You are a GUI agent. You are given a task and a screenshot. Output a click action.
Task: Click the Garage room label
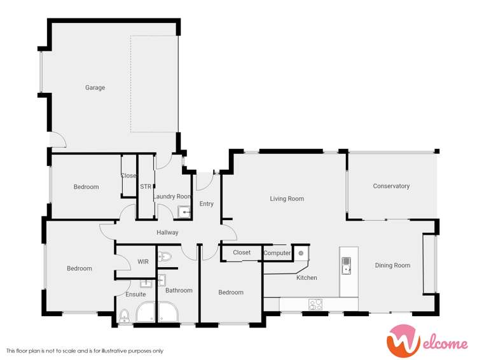click(95, 88)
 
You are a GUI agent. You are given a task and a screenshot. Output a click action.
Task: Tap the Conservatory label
click(391, 186)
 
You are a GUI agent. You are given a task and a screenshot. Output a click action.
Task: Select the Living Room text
click(287, 199)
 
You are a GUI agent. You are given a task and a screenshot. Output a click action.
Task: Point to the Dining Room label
click(392, 265)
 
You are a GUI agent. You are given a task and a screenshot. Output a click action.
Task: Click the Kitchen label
click(307, 278)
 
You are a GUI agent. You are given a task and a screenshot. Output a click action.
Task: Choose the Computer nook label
click(277, 253)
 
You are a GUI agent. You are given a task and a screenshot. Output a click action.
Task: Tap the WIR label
click(143, 261)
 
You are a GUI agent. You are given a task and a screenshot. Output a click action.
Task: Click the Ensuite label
click(135, 294)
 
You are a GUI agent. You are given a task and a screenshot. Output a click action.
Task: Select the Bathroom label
click(179, 291)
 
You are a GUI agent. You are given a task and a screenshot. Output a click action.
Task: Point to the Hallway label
click(167, 233)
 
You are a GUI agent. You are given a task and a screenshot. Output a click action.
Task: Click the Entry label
click(207, 204)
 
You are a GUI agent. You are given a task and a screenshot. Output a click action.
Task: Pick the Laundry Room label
click(172, 197)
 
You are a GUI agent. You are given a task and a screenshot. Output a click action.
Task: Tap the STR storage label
click(145, 186)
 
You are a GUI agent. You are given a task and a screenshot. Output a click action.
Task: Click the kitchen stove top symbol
click(315, 305)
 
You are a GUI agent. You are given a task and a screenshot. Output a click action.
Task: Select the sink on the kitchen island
click(347, 265)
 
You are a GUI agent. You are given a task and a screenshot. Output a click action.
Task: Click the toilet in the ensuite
click(125, 315)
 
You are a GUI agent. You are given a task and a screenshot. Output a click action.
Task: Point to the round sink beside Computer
click(301, 253)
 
